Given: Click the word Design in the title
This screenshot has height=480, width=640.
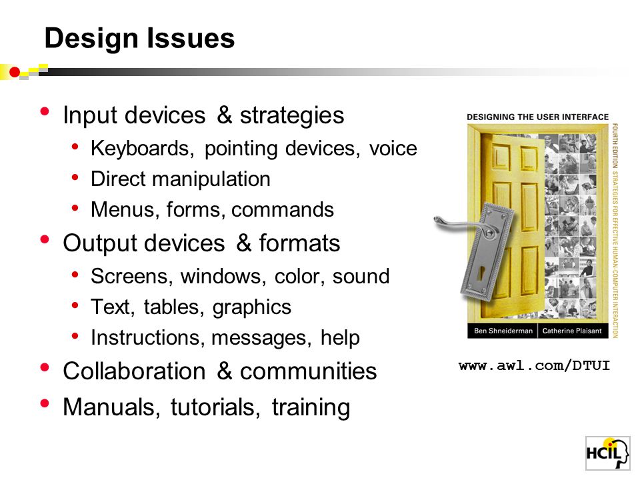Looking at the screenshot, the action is [91, 39].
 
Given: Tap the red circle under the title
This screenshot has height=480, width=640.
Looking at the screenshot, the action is [15, 72].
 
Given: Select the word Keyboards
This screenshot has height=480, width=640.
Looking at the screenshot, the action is [142, 149].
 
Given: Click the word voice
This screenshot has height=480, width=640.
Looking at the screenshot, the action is [393, 148].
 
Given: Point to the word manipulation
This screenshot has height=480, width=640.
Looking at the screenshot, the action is [211, 179].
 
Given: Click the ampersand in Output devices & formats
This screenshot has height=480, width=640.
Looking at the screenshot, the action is [244, 243].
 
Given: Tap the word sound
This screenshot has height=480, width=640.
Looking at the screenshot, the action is [361, 276].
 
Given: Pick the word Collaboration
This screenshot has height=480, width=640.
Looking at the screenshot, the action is [134, 371].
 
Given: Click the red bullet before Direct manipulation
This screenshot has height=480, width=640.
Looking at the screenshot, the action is [75, 177].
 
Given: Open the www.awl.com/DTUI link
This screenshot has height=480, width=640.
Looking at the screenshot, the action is [534, 366].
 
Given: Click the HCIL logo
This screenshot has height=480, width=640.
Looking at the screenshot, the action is [608, 453].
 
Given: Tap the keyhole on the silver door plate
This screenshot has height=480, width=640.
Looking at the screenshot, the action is [481, 272].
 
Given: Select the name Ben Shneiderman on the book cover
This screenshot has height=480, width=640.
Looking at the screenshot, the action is [503, 331].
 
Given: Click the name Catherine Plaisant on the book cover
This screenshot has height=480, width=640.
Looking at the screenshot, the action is [572, 331].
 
